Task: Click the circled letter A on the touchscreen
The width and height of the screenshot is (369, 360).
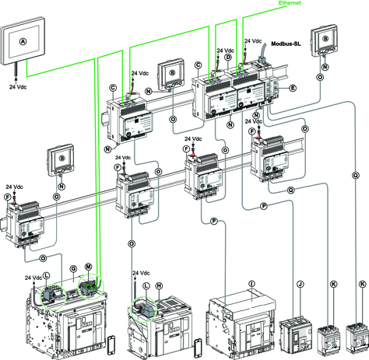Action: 23,41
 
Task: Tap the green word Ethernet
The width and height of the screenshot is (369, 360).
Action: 290,3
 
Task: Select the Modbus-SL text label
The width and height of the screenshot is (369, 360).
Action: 286,44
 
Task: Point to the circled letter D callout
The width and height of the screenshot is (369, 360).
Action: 228,57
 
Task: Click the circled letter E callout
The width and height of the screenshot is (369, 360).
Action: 293,88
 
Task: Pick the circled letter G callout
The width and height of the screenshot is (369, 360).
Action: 73,269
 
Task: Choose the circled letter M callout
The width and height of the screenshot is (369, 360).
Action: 89,267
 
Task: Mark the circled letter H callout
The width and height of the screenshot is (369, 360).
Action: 159,286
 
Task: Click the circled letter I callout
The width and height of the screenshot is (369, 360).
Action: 251,284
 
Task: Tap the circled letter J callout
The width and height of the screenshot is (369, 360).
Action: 300,285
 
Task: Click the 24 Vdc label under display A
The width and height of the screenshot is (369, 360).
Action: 18,87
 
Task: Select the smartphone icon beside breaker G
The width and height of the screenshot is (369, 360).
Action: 111,344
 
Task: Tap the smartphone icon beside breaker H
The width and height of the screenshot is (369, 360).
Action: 199,346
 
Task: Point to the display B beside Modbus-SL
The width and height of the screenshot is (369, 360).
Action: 325,40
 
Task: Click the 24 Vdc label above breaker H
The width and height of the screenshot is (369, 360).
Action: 141,273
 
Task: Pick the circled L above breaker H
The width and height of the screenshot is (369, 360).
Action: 146,286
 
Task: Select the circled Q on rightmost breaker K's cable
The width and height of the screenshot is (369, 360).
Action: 356,176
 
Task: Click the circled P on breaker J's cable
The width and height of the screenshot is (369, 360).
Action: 264,206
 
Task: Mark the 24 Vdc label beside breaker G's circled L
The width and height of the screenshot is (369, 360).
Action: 33,278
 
